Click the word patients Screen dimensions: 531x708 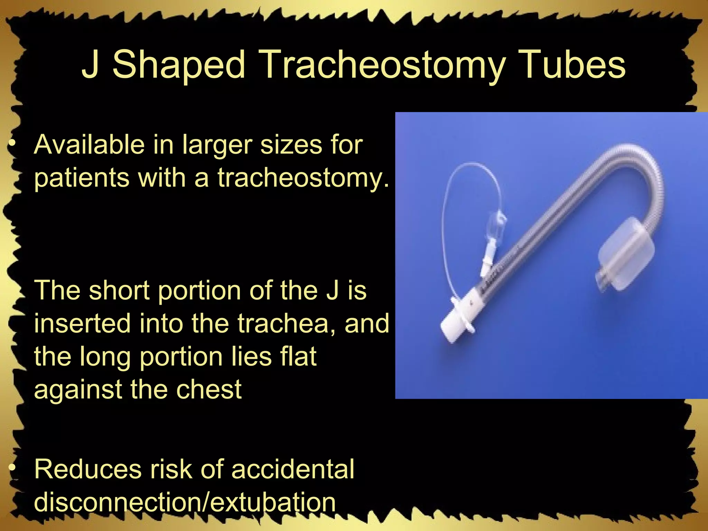pyautogui.click(x=82, y=178)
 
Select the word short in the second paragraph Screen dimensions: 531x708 pyautogui.click(x=119, y=290)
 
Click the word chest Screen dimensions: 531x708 pyautogui.click(x=209, y=389)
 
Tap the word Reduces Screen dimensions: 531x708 pyautogui.click(x=88, y=469)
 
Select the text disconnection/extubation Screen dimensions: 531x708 pyautogui.click(x=185, y=502)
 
